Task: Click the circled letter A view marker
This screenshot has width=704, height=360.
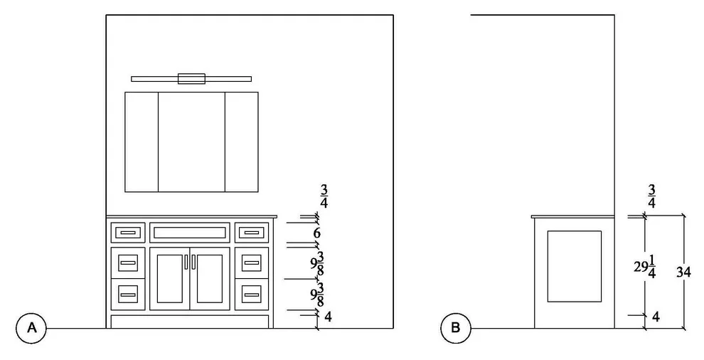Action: coord(31,328)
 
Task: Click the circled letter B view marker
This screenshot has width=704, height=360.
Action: coord(455,328)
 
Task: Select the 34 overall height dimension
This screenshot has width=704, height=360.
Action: coord(683,272)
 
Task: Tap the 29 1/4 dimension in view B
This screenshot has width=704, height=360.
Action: coord(645,268)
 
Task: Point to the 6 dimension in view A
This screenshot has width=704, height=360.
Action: coord(317,233)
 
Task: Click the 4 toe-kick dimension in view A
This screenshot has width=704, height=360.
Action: coord(329,317)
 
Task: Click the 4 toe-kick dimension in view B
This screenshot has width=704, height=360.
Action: coord(656,317)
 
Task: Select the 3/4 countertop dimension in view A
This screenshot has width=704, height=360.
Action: coord(324,196)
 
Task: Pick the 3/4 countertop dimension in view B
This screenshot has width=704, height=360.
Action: coord(651,196)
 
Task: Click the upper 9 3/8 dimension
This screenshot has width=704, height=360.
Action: coord(317,264)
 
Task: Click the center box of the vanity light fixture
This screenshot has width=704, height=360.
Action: coord(191,79)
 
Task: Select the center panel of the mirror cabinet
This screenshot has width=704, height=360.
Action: coord(191,142)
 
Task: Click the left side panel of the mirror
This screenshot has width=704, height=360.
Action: coord(142,142)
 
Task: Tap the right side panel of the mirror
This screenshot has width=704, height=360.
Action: coord(242,142)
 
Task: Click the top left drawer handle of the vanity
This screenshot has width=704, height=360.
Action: coord(128,233)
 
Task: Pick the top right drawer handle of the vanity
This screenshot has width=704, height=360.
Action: coord(252,233)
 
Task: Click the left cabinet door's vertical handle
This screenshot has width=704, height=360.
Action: coord(186,262)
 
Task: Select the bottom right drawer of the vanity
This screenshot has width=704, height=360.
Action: coord(252,295)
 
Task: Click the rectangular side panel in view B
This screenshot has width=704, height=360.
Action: coord(575,266)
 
